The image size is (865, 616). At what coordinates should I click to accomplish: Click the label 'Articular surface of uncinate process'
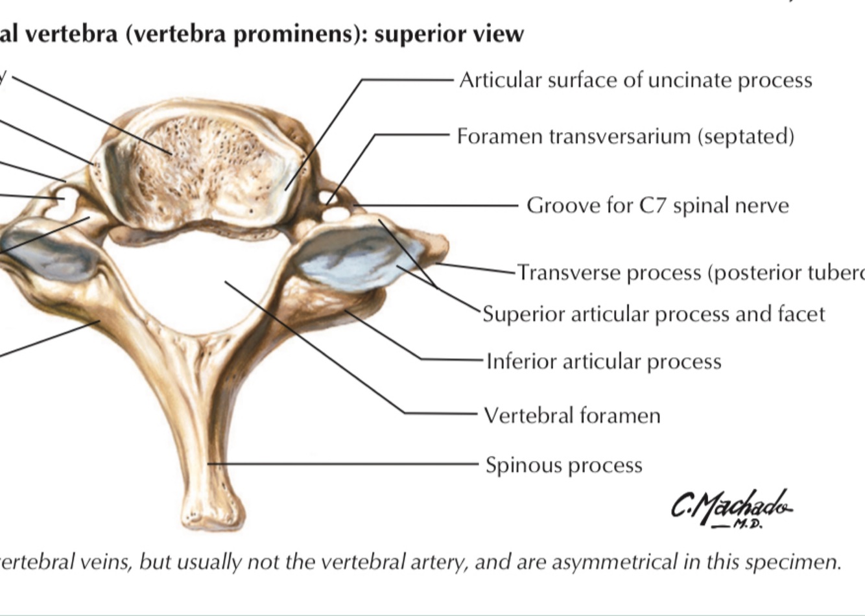[x=635, y=80]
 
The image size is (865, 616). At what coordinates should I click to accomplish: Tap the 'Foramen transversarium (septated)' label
[x=625, y=137]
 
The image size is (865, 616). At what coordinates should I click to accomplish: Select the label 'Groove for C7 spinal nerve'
[x=658, y=206]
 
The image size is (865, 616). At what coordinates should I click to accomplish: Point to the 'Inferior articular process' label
[x=604, y=361]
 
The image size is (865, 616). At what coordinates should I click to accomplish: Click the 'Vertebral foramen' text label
[x=572, y=415]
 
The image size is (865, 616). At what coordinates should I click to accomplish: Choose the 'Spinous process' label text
[x=563, y=465]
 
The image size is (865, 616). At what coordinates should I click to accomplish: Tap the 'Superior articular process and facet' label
[x=654, y=314]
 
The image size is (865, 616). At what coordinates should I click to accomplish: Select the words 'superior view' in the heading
[x=449, y=34]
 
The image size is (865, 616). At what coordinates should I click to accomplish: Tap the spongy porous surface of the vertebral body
[x=195, y=162]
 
